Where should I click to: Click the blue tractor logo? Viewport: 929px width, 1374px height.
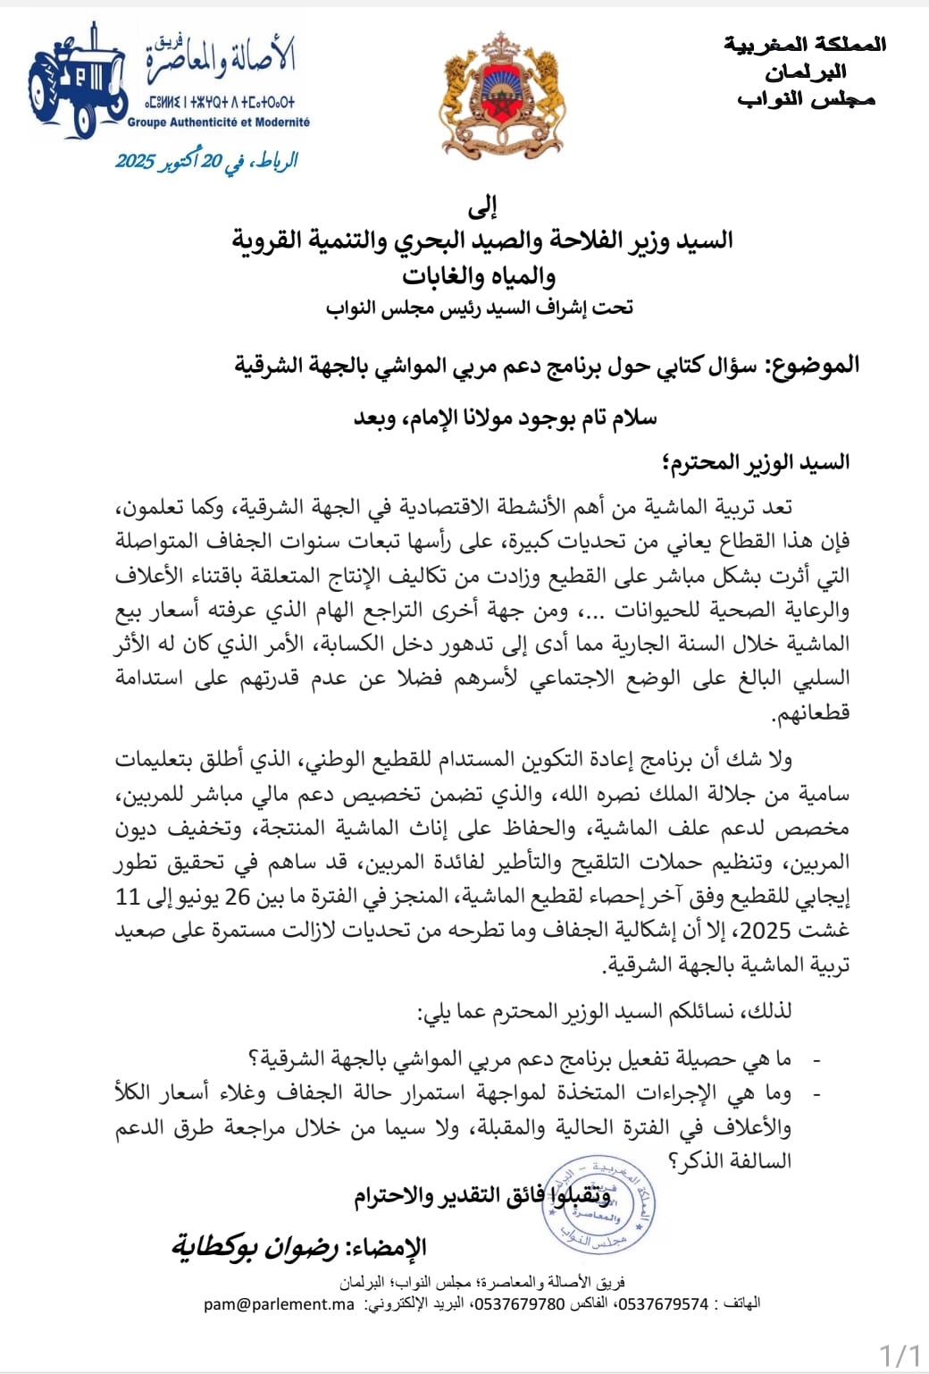pyautogui.click(x=78, y=82)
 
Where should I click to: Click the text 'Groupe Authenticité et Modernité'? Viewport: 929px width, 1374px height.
pyautogui.click(x=219, y=122)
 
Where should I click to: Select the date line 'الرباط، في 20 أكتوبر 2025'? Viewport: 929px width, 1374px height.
pyautogui.click(x=206, y=161)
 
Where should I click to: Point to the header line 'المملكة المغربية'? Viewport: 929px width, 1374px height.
pyautogui.click(x=805, y=44)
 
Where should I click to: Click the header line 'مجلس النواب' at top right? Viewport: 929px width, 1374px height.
pyautogui.click(x=806, y=99)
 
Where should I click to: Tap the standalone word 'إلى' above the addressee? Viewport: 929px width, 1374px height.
pyautogui.click(x=482, y=208)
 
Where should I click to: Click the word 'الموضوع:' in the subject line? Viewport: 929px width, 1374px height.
pyautogui.click(x=812, y=365)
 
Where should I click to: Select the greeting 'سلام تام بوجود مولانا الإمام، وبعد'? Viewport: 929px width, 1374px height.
pyautogui.click(x=505, y=417)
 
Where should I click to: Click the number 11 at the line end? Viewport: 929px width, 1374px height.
pyautogui.click(x=129, y=897)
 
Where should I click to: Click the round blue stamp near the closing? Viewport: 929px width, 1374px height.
pyautogui.click(x=599, y=1202)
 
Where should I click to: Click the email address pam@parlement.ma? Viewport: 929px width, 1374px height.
pyautogui.click(x=279, y=1304)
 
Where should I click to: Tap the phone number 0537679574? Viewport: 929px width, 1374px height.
pyautogui.click(x=664, y=1304)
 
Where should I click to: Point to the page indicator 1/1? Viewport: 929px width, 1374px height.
pyautogui.click(x=900, y=1354)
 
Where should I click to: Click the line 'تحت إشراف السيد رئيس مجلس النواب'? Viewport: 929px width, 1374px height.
pyautogui.click(x=480, y=308)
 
